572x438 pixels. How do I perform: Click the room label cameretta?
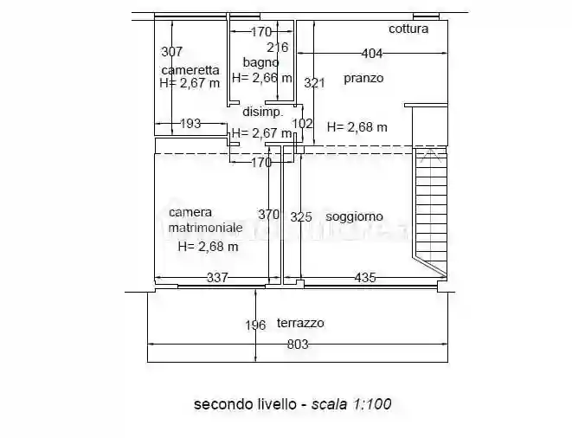(x=190, y=70)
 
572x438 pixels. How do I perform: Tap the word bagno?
(x=260, y=62)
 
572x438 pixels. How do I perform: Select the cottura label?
(x=408, y=29)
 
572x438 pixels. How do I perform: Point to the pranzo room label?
(x=363, y=78)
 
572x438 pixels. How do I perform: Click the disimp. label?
(x=262, y=113)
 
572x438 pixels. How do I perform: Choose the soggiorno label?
(x=354, y=216)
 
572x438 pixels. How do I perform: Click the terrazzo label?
(x=300, y=323)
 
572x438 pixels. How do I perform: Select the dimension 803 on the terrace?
(x=298, y=344)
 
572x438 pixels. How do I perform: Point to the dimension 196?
(x=254, y=325)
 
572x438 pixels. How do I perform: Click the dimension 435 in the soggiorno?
(x=365, y=277)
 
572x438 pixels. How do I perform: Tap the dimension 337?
(x=216, y=277)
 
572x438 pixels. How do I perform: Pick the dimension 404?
(x=372, y=54)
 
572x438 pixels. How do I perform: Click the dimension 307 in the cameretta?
(x=172, y=51)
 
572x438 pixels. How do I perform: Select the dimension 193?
(x=190, y=124)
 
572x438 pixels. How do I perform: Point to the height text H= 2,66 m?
(x=262, y=78)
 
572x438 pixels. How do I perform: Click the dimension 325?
(x=300, y=216)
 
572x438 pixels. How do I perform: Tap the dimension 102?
(x=302, y=124)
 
